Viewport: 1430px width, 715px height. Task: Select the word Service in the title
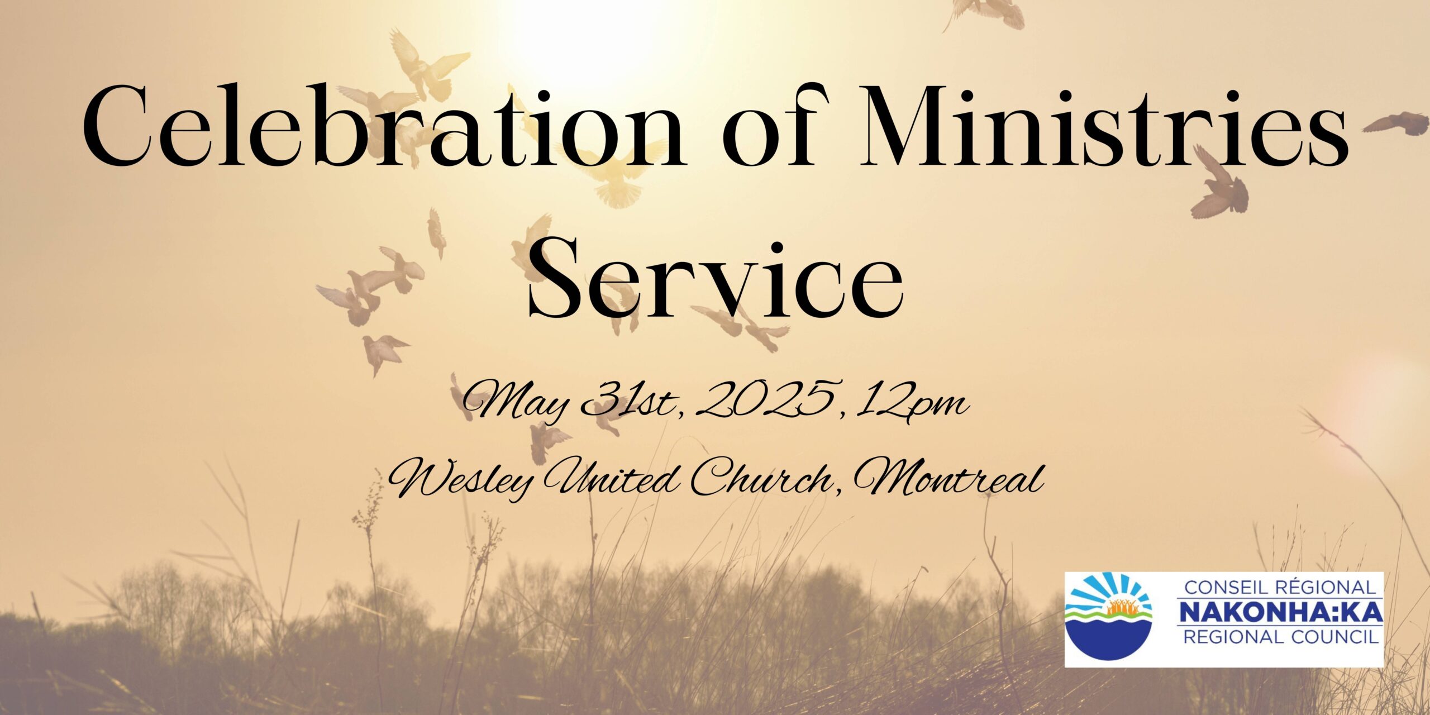tap(716, 279)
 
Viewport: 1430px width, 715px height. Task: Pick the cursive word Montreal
tap(947, 480)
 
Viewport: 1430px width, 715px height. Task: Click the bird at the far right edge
tap(1396, 123)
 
